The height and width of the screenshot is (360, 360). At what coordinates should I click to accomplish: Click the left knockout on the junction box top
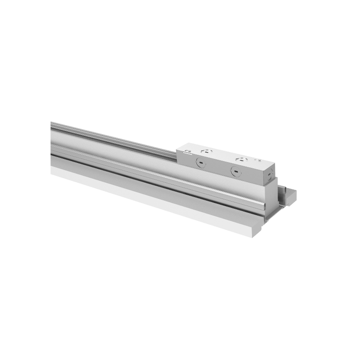coord(207,151)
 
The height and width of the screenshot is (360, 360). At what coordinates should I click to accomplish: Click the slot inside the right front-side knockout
coord(236,171)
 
